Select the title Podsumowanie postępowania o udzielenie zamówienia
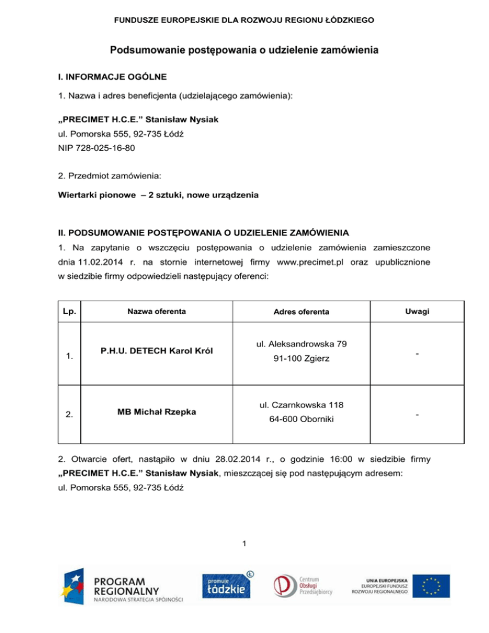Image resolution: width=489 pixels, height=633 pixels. (244, 50)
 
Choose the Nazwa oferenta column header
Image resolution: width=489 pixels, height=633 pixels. (156, 312)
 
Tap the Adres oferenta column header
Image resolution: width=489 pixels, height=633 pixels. (301, 312)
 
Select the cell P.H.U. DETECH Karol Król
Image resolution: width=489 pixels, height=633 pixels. (156, 351)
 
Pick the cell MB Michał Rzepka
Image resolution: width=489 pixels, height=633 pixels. (156, 411)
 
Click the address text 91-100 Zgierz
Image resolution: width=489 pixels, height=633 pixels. (301, 359)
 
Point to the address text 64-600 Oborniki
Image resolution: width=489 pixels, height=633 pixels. (301, 420)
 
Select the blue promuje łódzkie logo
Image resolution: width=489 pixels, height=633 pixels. (227, 585)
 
